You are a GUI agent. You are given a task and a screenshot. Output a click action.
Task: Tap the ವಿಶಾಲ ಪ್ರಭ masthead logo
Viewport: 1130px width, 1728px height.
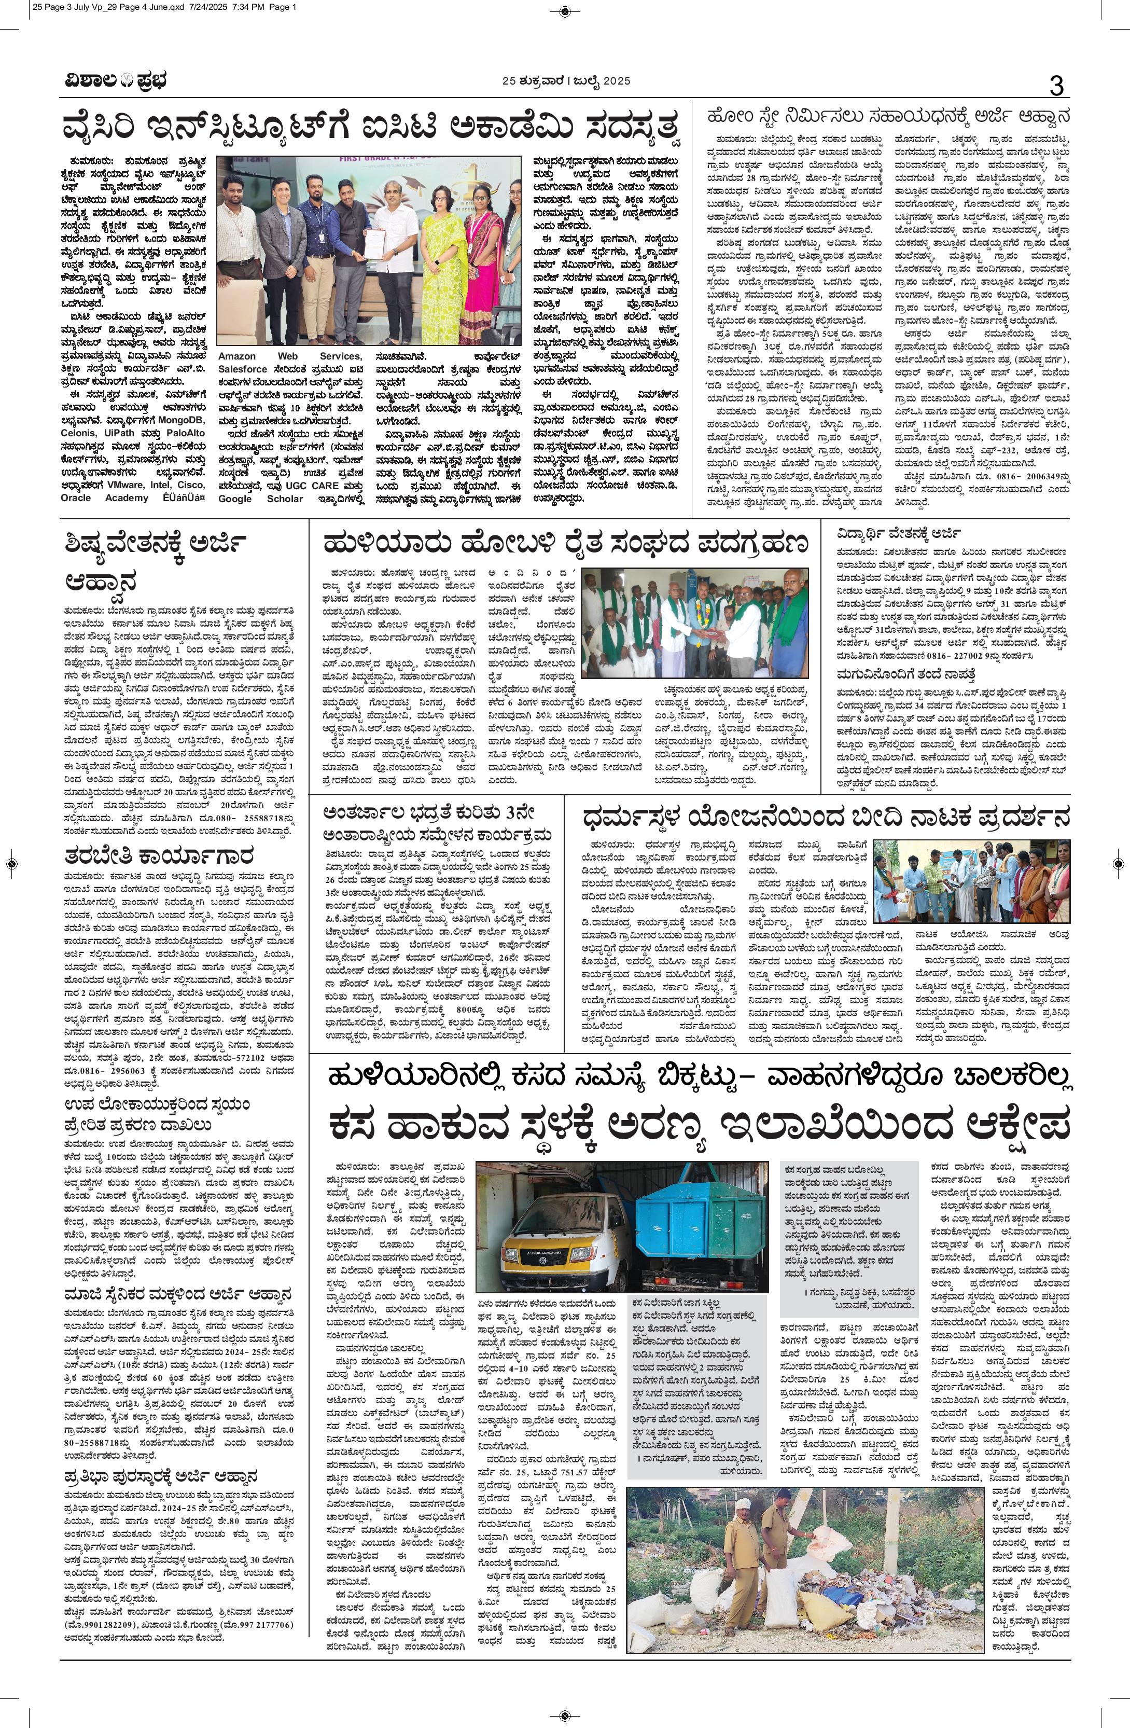click(x=114, y=81)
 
